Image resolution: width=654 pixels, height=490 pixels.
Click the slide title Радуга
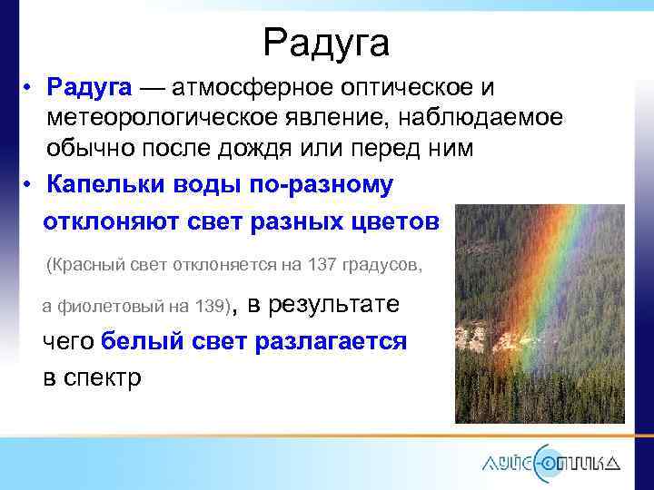pos(326,42)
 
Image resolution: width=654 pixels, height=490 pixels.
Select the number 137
pos(322,266)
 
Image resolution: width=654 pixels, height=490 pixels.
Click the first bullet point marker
pos(29,89)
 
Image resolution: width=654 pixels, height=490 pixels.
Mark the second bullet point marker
pos(29,185)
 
